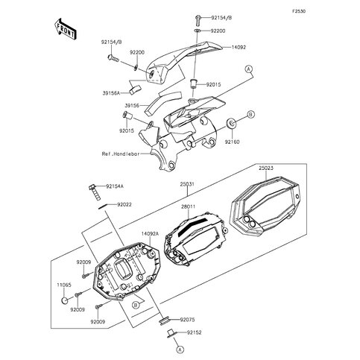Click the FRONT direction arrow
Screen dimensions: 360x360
click(66, 29)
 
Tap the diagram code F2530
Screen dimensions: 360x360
click(299, 11)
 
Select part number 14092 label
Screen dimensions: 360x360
click(239, 47)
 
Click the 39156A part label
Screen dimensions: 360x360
click(111, 93)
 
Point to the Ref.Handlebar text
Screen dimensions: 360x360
click(121, 154)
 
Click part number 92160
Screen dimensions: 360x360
click(232, 142)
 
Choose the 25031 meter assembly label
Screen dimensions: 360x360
click(187, 184)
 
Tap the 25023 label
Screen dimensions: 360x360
click(266, 168)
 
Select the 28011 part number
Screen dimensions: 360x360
click(188, 206)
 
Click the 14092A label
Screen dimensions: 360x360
click(150, 234)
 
